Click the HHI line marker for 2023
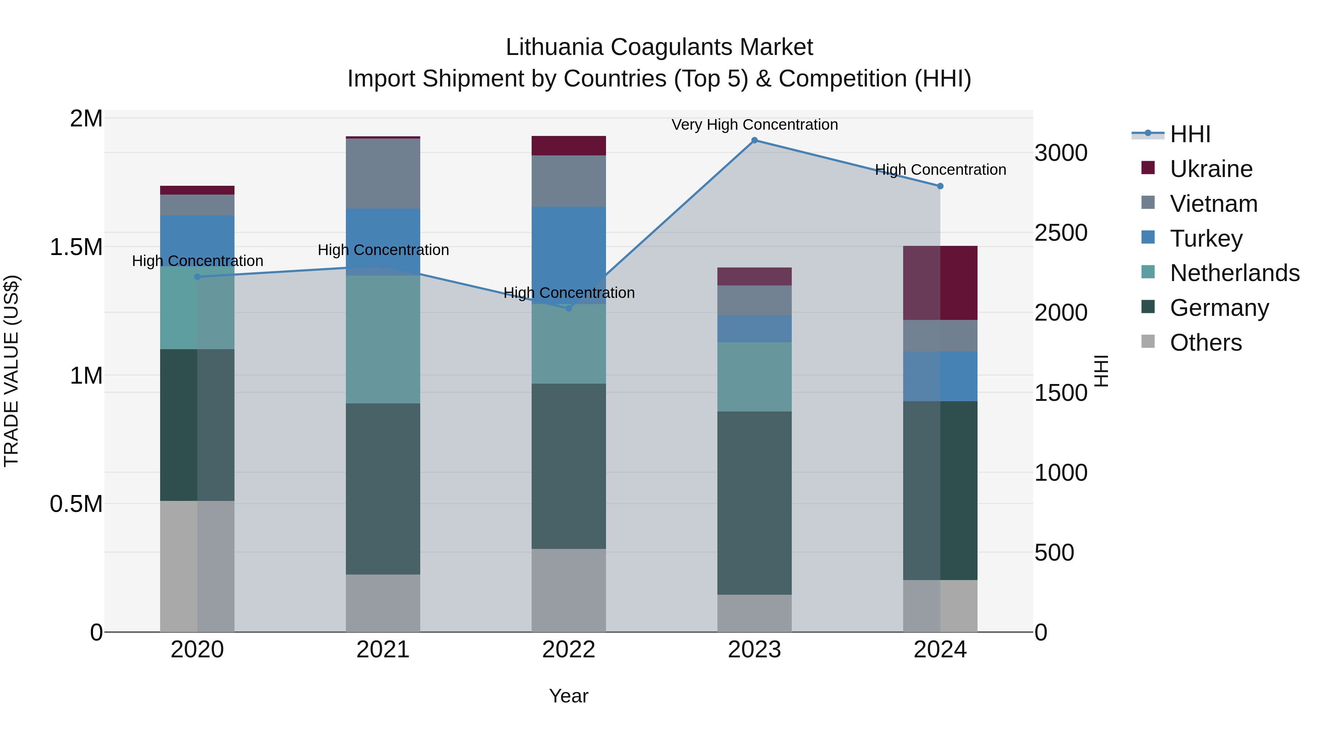click(754, 140)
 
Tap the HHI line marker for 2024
click(940, 187)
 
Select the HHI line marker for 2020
click(197, 277)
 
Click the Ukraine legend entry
click(1211, 169)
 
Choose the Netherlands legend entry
click(1234, 273)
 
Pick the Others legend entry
click(1205, 343)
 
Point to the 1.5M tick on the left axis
click(76, 247)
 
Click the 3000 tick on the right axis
click(1060, 153)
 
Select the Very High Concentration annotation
click(754, 125)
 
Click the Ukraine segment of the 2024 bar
click(940, 283)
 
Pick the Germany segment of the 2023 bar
click(754, 503)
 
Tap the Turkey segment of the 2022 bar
click(568, 246)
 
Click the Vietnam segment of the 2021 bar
click(383, 174)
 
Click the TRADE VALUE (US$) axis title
click(11, 371)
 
